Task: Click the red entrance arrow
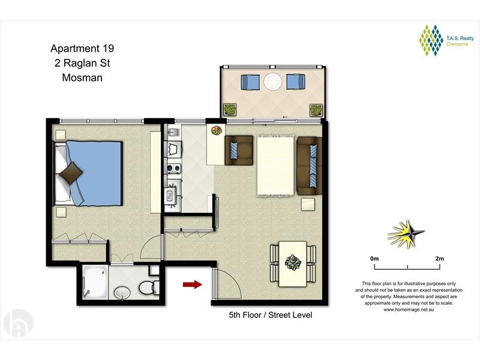(192, 284)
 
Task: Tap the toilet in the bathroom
(149, 288)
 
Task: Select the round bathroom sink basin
(122, 293)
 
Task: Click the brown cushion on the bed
(71, 173)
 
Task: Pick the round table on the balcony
(273, 82)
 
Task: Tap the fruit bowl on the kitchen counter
(217, 130)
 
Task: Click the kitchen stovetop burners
(174, 169)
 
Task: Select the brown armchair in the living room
(239, 151)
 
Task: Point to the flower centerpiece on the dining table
(293, 263)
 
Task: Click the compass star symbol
(406, 234)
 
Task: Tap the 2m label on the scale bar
(439, 259)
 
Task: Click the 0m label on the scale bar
(374, 259)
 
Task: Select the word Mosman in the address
(82, 77)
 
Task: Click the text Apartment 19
(82, 49)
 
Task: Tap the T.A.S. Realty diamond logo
(431, 40)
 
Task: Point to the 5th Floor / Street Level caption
(271, 315)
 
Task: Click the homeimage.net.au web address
(409, 310)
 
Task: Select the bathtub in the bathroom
(95, 282)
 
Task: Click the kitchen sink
(173, 132)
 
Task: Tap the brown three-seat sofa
(309, 166)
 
